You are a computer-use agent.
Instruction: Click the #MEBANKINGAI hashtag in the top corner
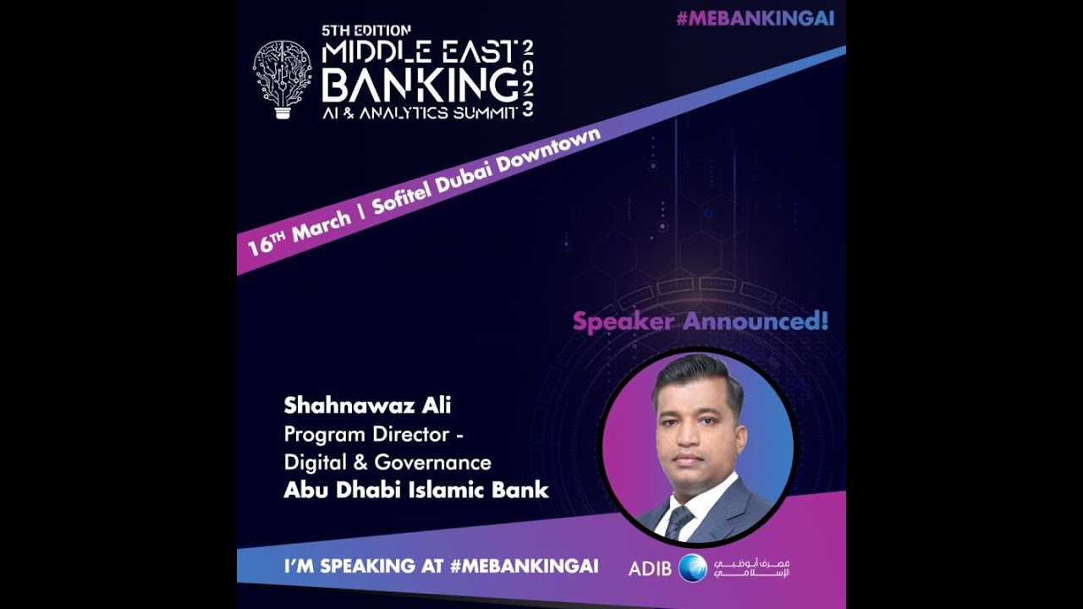(756, 19)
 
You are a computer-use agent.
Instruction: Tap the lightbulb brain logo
(283, 79)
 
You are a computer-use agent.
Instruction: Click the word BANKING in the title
(420, 85)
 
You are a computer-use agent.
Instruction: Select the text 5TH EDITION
(366, 30)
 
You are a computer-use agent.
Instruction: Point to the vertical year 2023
(528, 78)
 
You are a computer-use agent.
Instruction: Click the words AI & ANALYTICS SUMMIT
(419, 113)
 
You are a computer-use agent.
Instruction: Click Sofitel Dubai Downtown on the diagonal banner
(487, 173)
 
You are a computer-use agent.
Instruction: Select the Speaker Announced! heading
(701, 321)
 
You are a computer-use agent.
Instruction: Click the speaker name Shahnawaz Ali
(367, 405)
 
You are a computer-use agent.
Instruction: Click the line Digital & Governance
(388, 462)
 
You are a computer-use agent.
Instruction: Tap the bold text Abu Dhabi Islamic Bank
(416, 490)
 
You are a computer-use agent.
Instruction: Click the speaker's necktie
(679, 521)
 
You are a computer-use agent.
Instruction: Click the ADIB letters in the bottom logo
(650, 568)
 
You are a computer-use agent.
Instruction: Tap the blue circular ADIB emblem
(692, 568)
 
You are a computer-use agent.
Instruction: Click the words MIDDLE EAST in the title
(420, 52)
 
